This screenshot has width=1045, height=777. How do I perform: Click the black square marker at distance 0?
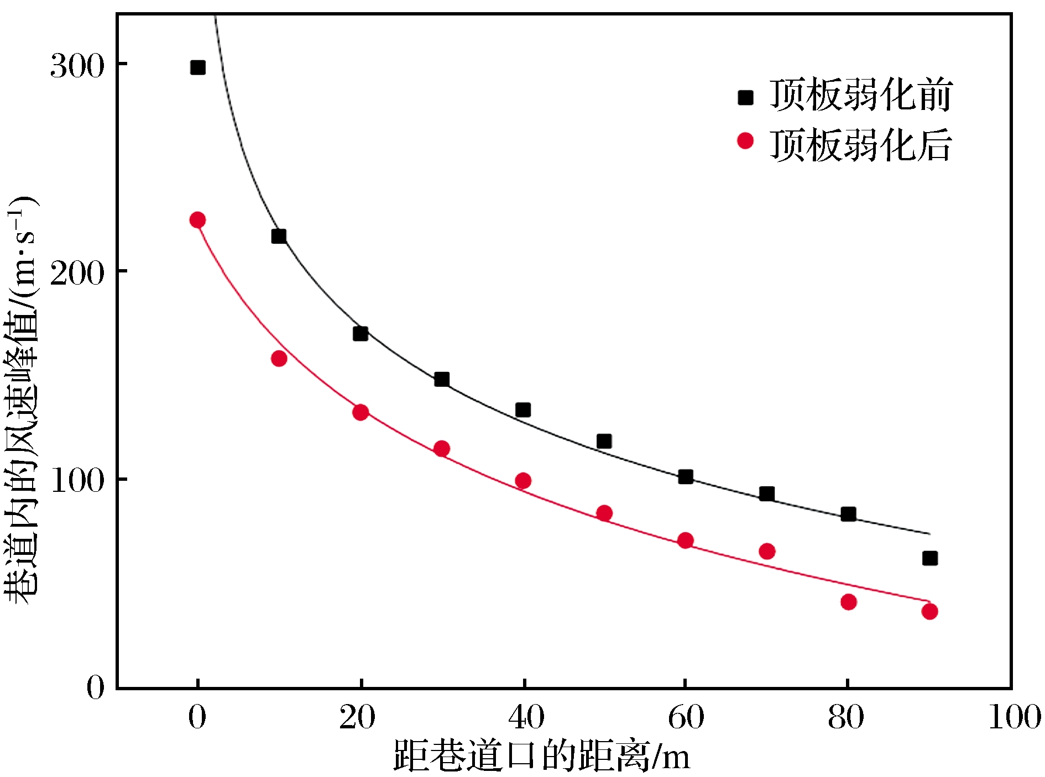click(x=197, y=67)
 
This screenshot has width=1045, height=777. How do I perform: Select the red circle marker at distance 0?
click(x=197, y=220)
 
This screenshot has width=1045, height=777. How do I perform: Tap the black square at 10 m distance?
click(x=279, y=237)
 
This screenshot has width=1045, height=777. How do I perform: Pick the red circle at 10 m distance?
click(x=279, y=359)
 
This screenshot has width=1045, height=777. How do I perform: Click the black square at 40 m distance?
click(x=523, y=410)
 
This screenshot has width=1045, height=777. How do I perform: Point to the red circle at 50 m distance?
click(x=604, y=513)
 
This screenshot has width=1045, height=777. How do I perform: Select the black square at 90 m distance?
click(x=930, y=558)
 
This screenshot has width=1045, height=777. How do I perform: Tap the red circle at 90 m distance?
click(x=930, y=611)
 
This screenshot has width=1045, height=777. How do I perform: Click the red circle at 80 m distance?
click(x=849, y=602)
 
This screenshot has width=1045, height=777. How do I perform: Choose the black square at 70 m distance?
click(x=767, y=494)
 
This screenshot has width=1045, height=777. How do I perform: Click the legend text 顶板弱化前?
click(x=860, y=96)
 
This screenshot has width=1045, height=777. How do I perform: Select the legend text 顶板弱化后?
click(x=860, y=145)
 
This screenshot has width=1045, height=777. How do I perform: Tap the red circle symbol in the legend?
click(x=745, y=141)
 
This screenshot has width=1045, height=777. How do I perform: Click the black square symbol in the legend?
click(x=745, y=98)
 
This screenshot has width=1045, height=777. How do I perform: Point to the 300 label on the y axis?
click(x=77, y=66)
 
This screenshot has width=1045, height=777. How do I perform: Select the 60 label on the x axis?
click(x=686, y=717)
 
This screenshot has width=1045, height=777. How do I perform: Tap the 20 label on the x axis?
click(x=358, y=717)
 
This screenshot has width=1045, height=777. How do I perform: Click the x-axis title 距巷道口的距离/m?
click(x=542, y=755)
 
